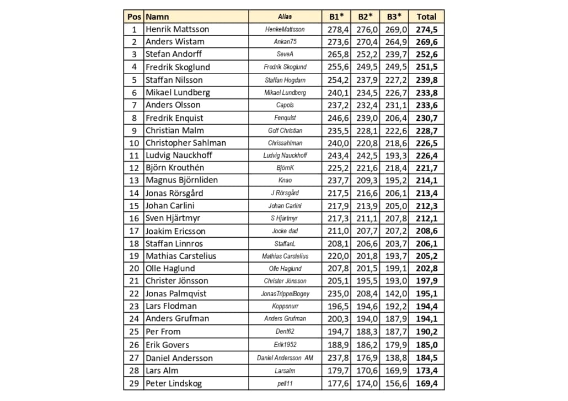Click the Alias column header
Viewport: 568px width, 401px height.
click(285, 17)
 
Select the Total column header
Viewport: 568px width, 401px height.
click(426, 17)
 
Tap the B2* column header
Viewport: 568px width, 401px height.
click(365, 17)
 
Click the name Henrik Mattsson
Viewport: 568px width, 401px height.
click(178, 29)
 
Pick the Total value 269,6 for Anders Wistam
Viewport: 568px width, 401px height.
click(426, 42)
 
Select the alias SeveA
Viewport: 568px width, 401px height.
click(285, 55)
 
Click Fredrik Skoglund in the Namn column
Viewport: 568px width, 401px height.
click(178, 67)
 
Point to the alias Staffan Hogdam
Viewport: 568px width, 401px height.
click(285, 80)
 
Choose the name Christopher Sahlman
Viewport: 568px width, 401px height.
click(186, 143)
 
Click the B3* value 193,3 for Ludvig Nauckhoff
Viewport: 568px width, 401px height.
click(396, 156)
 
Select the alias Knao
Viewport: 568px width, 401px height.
click(285, 180)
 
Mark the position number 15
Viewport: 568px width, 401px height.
click(134, 206)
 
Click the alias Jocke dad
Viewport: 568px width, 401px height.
click(285, 231)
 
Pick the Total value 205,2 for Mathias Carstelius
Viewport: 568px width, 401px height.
click(426, 256)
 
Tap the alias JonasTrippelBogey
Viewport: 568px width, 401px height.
click(285, 294)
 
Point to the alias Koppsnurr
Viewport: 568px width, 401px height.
click(285, 307)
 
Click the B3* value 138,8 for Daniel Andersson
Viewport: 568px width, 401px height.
click(396, 358)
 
